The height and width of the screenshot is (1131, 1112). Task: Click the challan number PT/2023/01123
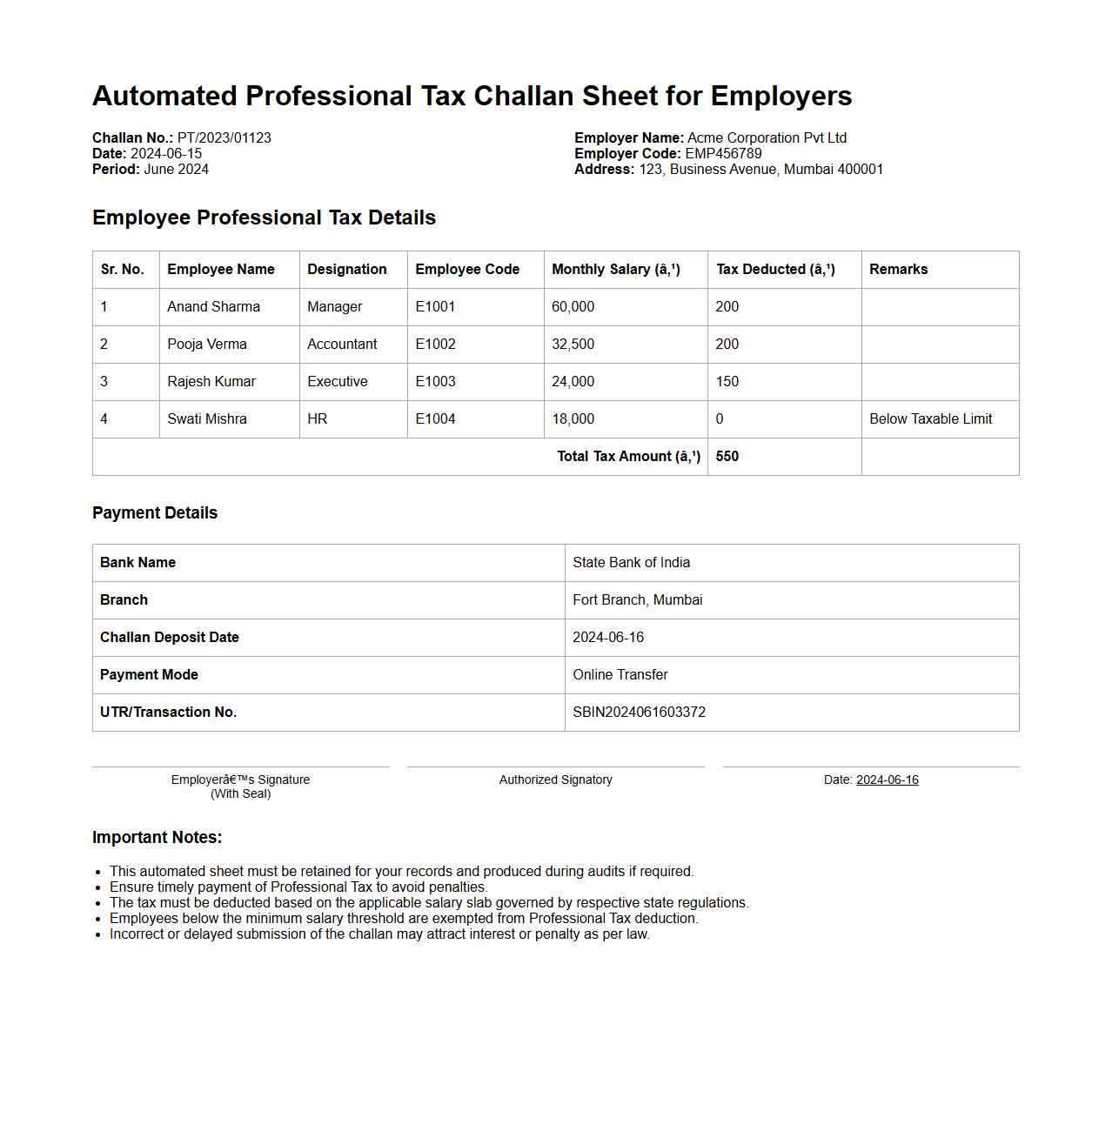(x=224, y=137)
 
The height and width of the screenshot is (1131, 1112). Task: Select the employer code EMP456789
(x=723, y=153)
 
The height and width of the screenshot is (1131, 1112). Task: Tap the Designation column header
(x=346, y=270)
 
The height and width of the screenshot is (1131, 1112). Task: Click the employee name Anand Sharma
(x=213, y=307)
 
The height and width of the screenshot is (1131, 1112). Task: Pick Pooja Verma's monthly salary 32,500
(x=573, y=345)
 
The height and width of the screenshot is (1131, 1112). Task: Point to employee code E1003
(x=435, y=382)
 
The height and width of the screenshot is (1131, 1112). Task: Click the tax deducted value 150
(x=727, y=382)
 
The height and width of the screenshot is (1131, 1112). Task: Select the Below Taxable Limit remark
(x=930, y=419)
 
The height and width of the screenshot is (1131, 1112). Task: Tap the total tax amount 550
(x=727, y=457)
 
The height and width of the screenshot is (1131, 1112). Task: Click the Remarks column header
(x=898, y=270)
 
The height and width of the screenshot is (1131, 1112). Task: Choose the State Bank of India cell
(x=631, y=563)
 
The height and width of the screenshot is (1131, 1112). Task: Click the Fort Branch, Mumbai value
(x=637, y=600)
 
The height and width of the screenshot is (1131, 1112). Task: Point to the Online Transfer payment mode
(x=620, y=675)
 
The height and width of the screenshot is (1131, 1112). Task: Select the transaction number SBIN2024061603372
(x=639, y=713)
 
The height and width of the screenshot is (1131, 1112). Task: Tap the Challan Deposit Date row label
(x=169, y=638)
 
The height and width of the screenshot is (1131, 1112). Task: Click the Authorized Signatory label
(x=555, y=780)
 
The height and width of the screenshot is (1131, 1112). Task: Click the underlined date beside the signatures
(x=887, y=780)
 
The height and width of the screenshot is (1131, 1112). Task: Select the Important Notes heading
(x=157, y=838)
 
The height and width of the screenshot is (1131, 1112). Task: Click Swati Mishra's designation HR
(x=317, y=419)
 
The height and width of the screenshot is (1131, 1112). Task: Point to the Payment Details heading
(x=155, y=513)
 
